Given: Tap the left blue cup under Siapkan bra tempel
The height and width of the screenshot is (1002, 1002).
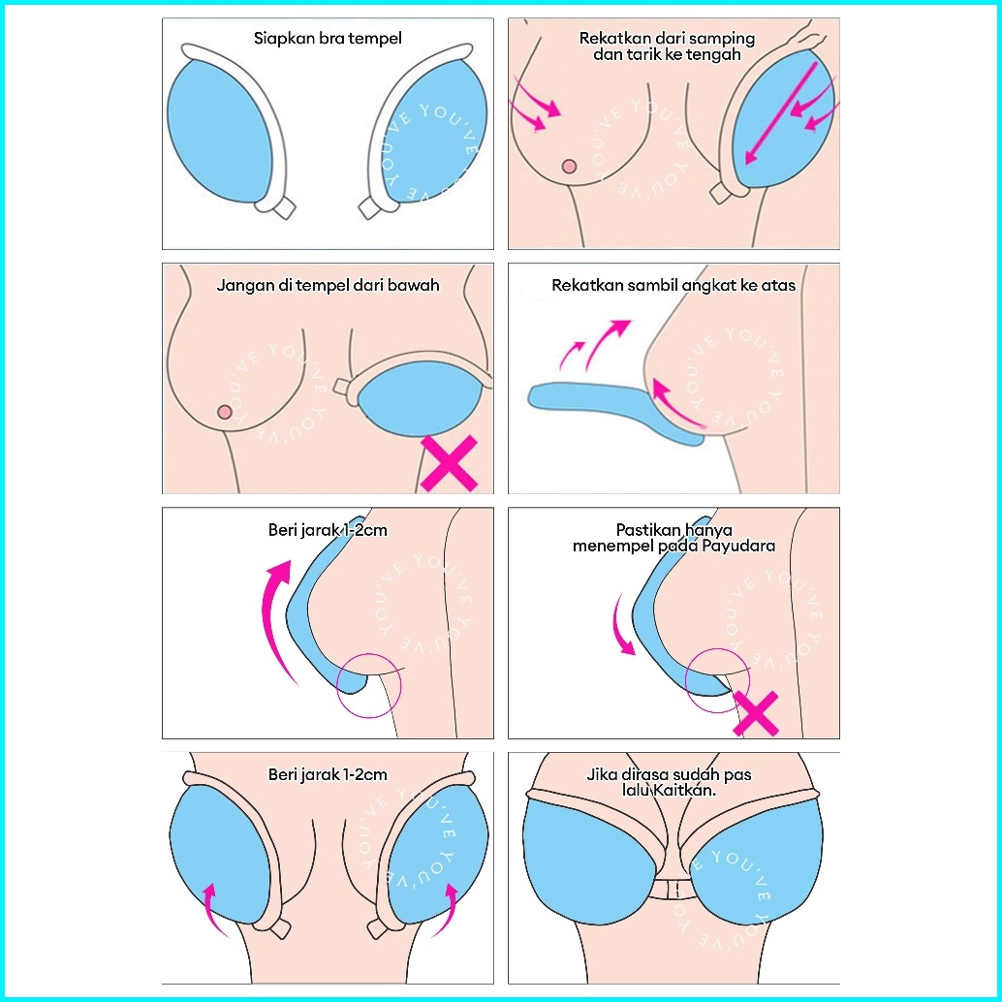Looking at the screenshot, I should [221, 135].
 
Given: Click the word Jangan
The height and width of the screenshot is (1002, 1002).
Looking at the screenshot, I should [242, 286].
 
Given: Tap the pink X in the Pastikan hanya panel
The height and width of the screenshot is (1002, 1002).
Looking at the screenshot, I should [757, 713].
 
